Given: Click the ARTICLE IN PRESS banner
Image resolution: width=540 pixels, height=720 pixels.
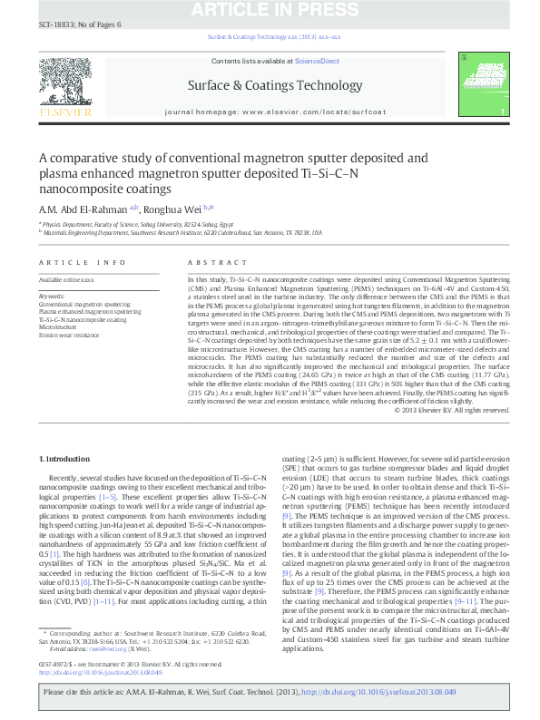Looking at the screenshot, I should click(270, 10).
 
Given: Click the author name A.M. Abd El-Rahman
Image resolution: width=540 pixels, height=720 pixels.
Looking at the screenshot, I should click(82, 208).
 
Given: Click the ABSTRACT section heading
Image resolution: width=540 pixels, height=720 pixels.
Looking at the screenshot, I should click(204, 262).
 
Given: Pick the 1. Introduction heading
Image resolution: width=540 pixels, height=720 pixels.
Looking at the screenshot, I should click(67, 460).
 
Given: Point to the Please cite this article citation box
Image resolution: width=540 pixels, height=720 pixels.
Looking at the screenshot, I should click(270, 691).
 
